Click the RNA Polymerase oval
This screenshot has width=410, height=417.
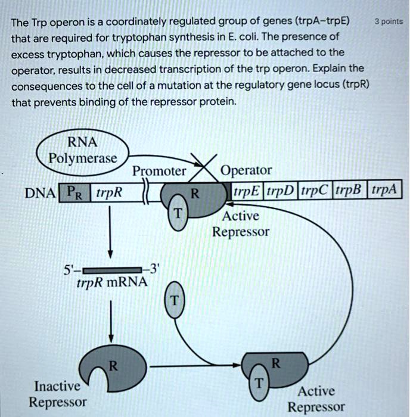[x=82, y=153]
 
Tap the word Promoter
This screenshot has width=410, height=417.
[x=159, y=172]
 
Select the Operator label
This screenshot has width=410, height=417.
[x=246, y=172]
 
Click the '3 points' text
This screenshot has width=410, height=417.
[x=388, y=22]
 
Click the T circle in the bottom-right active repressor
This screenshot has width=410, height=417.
[x=259, y=383]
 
